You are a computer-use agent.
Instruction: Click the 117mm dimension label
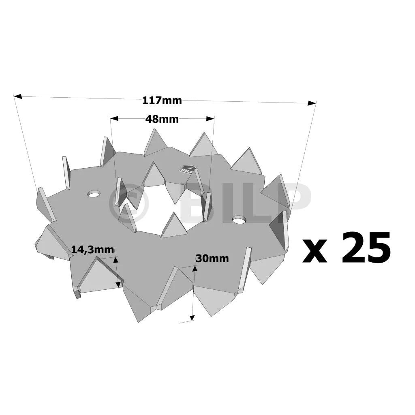tap(162, 101)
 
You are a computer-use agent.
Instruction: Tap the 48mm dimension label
tap(162, 120)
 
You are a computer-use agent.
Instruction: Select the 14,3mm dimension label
tap(93, 250)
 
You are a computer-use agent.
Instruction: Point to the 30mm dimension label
tap(212, 258)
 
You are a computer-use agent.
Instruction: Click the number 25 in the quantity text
tap(366, 248)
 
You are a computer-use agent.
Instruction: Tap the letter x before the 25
tap(314, 250)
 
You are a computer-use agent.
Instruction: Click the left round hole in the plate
tap(94, 194)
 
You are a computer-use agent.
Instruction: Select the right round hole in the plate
tap(239, 219)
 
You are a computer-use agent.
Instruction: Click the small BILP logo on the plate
tap(187, 169)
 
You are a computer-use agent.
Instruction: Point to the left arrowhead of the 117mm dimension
tap(18, 96)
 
